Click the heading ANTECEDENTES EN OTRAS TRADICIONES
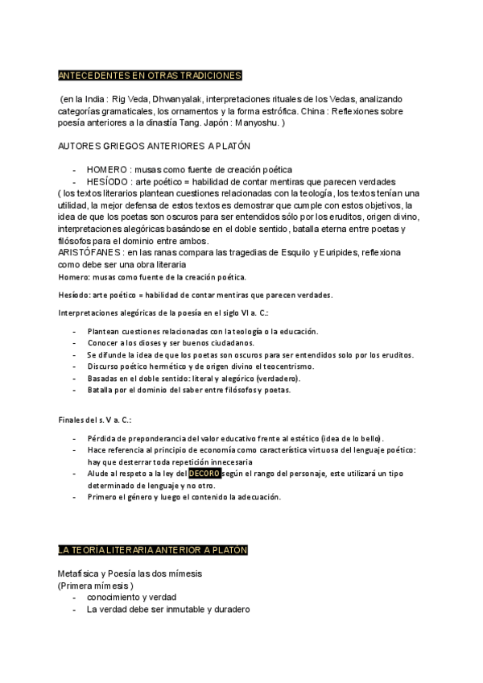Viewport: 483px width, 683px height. coord(151,76)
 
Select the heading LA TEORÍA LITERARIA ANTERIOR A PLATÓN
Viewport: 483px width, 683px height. coord(153,550)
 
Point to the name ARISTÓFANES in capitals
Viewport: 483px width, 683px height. coord(89,252)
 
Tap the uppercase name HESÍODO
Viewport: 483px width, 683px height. coord(107,182)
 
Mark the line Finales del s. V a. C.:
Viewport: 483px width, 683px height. coord(94,420)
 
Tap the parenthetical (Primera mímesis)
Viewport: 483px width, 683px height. coord(96,586)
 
